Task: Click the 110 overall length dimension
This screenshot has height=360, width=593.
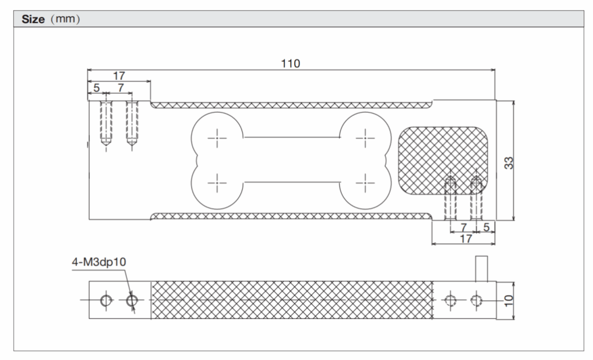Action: point(291,64)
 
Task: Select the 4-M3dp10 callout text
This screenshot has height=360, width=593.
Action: point(99,262)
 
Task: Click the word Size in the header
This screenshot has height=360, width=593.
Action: point(34,19)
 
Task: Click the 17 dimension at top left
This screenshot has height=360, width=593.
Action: point(119,76)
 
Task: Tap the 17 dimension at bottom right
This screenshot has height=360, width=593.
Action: point(465,238)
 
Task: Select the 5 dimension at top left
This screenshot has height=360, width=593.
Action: point(96,88)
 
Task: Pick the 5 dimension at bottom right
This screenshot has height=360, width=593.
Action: point(486,227)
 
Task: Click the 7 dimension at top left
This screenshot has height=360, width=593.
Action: point(120,88)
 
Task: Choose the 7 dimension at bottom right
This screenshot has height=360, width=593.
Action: point(464,227)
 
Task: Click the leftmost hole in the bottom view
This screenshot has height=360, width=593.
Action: point(105,300)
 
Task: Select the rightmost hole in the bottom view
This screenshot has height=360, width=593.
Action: point(476,300)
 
